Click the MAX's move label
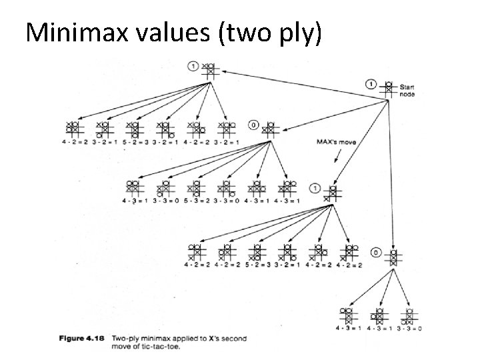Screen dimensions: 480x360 click(x=335, y=141)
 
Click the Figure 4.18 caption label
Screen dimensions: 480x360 click(x=83, y=339)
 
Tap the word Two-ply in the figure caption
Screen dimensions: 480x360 click(x=126, y=339)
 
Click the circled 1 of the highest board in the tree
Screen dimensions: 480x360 click(x=193, y=65)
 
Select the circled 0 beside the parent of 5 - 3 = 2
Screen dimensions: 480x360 click(x=253, y=124)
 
